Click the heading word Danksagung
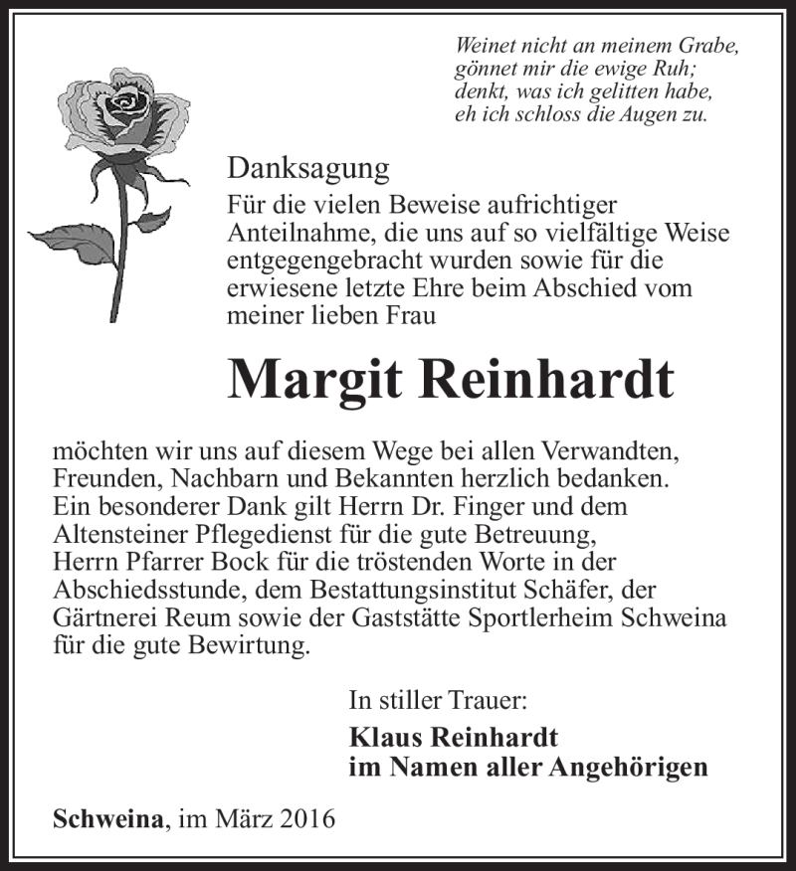pyautogui.click(x=307, y=169)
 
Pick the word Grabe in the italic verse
pyautogui.click(x=712, y=47)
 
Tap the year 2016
pyautogui.click(x=306, y=820)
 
